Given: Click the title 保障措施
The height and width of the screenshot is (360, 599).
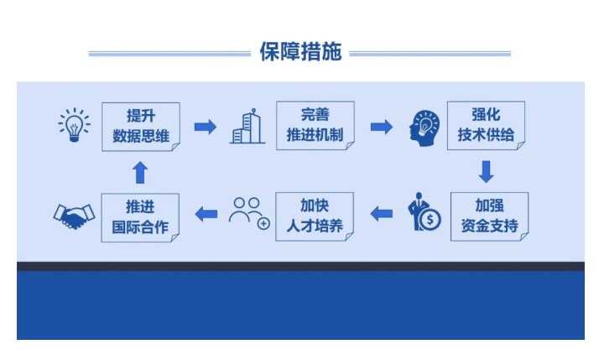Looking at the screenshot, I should pyautogui.click(x=300, y=52).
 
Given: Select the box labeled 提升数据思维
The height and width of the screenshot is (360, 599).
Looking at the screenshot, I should pyautogui.click(x=140, y=126).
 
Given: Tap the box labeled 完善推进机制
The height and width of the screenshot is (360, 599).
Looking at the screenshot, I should pyautogui.click(x=315, y=125).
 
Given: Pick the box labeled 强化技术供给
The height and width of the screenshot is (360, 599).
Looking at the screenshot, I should pyautogui.click(x=486, y=125).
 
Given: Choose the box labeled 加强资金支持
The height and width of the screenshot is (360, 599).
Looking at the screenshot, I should pyautogui.click(x=489, y=217).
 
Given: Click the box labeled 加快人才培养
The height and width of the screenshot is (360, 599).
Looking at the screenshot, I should pyautogui.click(x=315, y=216).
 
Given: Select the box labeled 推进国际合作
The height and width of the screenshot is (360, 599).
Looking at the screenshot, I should pyautogui.click(x=140, y=217).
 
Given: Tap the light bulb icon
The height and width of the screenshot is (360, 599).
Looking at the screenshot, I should pyautogui.click(x=74, y=126).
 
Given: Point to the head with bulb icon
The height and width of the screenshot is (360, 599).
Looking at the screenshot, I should pyautogui.click(x=425, y=128).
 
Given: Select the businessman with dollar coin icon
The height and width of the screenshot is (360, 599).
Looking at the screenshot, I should pyautogui.click(x=424, y=215).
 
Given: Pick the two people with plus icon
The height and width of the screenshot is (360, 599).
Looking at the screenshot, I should pyautogui.click(x=249, y=213).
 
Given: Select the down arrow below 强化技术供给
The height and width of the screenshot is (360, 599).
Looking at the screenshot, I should pyautogui.click(x=486, y=171).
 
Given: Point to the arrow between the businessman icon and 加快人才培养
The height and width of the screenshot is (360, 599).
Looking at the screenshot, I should pyautogui.click(x=382, y=214).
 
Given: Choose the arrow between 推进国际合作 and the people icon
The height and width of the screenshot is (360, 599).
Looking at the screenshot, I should pyautogui.click(x=206, y=215).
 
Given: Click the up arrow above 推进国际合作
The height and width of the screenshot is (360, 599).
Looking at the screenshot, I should pyautogui.click(x=140, y=173).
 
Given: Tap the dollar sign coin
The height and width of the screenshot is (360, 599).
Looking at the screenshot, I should pyautogui.click(x=431, y=221).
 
